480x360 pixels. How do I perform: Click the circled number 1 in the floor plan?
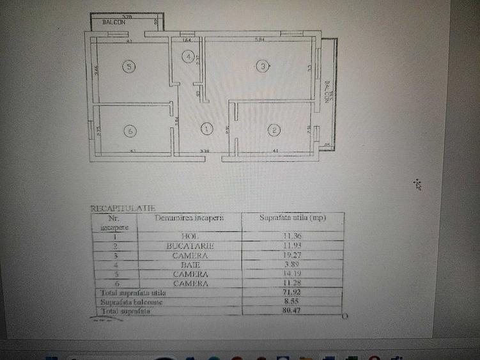tap(206, 129)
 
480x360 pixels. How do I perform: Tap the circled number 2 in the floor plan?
tap(274, 131)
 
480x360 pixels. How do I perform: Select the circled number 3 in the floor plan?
tap(261, 65)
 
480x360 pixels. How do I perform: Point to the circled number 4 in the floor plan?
tap(188, 56)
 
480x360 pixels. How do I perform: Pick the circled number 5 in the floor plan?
tap(129, 66)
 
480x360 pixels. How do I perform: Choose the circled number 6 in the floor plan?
tap(131, 131)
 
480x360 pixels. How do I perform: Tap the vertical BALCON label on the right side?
tap(327, 91)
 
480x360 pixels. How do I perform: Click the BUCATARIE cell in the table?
tap(189, 246)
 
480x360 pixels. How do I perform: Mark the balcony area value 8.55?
tap(292, 302)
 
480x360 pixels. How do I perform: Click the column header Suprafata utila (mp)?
tap(292, 218)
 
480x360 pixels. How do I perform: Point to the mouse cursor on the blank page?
tap(419, 185)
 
